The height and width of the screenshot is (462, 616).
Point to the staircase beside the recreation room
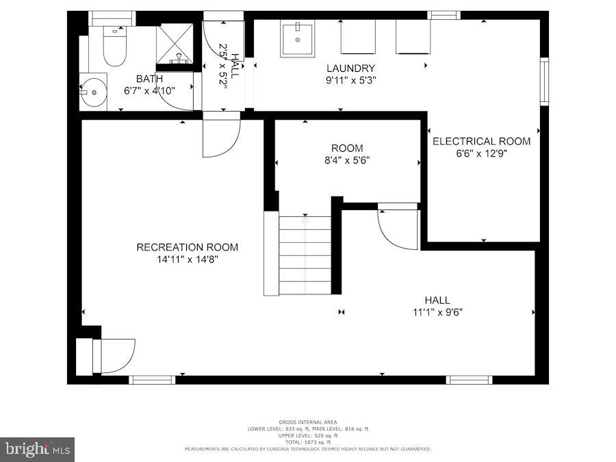305,255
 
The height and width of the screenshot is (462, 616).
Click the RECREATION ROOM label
187,247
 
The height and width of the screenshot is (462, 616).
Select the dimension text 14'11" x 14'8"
187,259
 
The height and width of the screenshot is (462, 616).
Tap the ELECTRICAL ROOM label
481,141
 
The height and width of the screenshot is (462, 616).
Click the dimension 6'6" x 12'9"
481,153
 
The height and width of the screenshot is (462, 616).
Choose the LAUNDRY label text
350,68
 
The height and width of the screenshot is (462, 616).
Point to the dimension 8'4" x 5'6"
347,160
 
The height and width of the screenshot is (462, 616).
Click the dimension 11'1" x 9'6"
437,312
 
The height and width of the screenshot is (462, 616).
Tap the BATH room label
149,79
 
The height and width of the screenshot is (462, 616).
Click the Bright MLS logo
37,449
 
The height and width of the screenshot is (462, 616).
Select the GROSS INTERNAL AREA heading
307,422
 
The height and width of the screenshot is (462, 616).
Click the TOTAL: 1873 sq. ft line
307,442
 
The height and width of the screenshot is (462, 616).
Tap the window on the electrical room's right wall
544,81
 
